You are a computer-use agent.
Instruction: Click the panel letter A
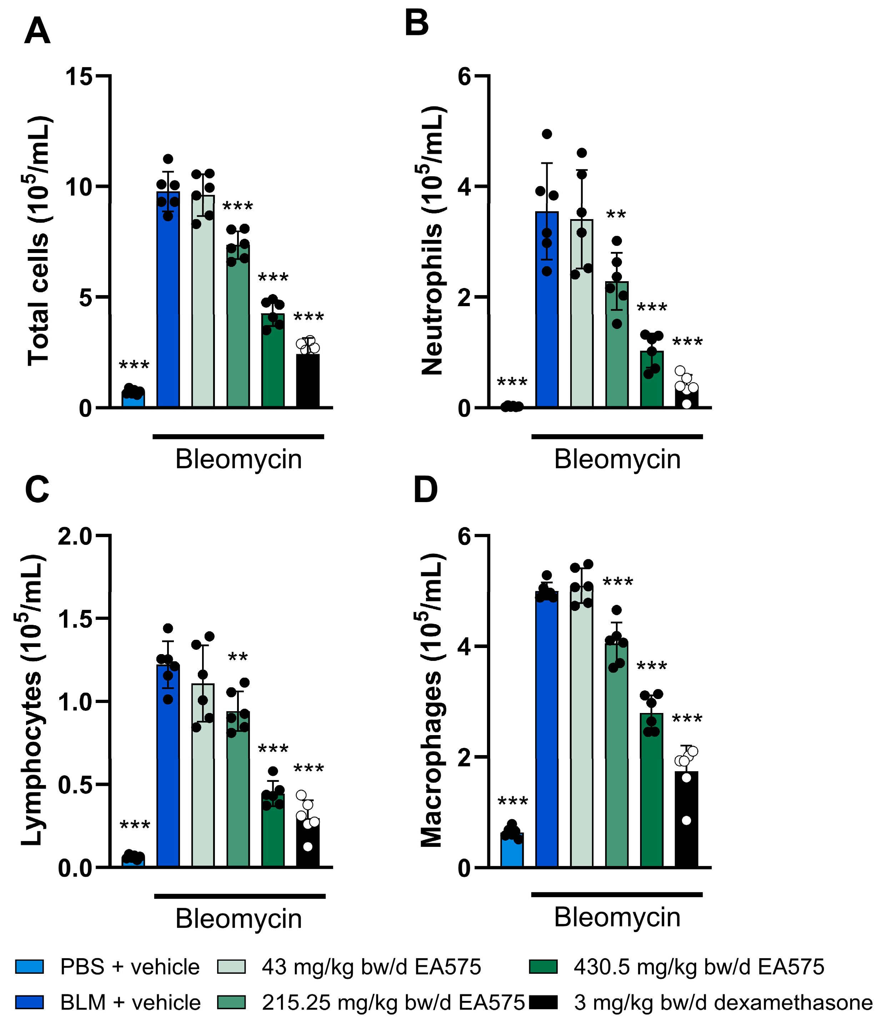click(37, 31)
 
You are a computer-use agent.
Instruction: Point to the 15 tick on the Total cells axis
click(79, 76)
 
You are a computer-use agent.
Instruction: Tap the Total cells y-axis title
click(39, 241)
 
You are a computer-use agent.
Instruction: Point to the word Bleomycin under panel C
click(238, 919)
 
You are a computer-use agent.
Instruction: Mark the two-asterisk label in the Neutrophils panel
click(616, 214)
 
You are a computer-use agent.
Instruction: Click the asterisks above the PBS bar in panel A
click(134, 365)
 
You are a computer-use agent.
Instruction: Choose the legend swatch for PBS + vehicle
click(29, 967)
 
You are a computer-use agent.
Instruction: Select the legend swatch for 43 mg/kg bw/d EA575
click(231, 967)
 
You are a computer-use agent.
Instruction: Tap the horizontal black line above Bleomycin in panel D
click(617, 895)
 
